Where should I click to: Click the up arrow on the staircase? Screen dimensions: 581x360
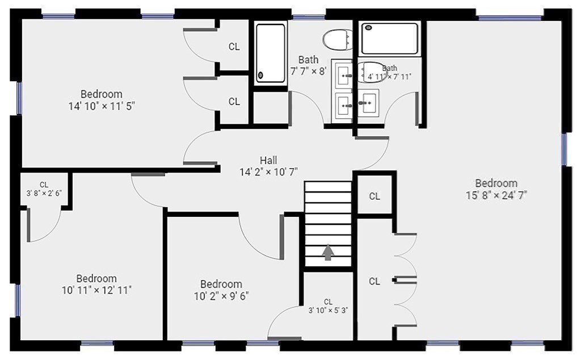pyautogui.click(x=328, y=253)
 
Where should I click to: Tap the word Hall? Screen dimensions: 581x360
pyautogui.click(x=268, y=160)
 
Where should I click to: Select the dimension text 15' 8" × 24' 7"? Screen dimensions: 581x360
pyautogui.click(x=496, y=195)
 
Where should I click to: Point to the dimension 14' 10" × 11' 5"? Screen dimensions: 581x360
pyautogui.click(x=101, y=106)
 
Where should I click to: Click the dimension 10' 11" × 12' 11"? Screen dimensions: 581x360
pyautogui.click(x=96, y=290)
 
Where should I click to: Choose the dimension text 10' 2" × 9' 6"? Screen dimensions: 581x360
pyautogui.click(x=221, y=296)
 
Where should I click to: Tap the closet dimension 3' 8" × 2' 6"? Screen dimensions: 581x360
pyautogui.click(x=44, y=193)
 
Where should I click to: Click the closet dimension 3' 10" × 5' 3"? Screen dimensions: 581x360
pyautogui.click(x=328, y=311)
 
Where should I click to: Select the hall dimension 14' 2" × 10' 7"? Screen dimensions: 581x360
pyautogui.click(x=268, y=172)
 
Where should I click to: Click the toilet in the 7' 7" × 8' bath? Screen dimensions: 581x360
pyautogui.click(x=337, y=40)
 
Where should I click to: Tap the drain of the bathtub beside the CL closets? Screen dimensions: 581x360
pyautogui.click(x=260, y=76)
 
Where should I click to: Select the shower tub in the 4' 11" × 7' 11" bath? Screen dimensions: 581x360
pyautogui.click(x=390, y=39)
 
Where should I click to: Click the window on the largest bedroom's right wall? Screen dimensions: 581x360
pyautogui.click(x=564, y=149)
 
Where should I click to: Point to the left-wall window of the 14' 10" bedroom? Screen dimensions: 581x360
pyautogui.click(x=19, y=98)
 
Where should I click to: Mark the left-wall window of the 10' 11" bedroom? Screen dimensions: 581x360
pyautogui.click(x=17, y=300)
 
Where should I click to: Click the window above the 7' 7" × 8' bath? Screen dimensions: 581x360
pyautogui.click(x=308, y=16)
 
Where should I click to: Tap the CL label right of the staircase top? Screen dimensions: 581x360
pyautogui.click(x=374, y=196)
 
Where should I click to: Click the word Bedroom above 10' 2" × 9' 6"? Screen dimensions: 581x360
pyautogui.click(x=221, y=284)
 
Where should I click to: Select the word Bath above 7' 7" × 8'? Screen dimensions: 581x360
pyautogui.click(x=308, y=59)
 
